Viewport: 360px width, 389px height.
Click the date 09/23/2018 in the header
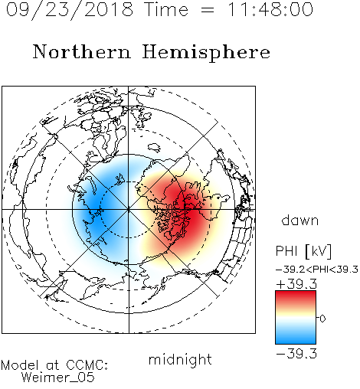(x=70, y=10)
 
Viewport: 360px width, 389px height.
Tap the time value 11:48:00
(x=270, y=9)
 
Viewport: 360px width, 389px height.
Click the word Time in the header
(x=166, y=9)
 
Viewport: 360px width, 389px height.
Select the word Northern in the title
(x=81, y=51)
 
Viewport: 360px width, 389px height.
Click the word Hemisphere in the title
(x=206, y=53)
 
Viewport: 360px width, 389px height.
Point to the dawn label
(x=300, y=220)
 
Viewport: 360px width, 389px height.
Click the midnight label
(x=180, y=360)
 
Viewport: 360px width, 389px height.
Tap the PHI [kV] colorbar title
(x=303, y=251)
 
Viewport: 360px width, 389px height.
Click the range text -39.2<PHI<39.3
(x=317, y=270)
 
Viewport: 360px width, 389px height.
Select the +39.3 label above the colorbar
(x=296, y=284)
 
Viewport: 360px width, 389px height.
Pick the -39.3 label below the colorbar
(x=296, y=354)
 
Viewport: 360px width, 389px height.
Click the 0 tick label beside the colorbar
(x=322, y=319)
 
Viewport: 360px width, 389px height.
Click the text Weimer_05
(x=58, y=378)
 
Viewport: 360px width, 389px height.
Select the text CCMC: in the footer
(x=87, y=365)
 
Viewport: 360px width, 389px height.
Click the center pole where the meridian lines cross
(x=129, y=209)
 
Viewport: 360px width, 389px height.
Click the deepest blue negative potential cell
(x=96, y=207)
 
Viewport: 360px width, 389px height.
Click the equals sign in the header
(x=208, y=10)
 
